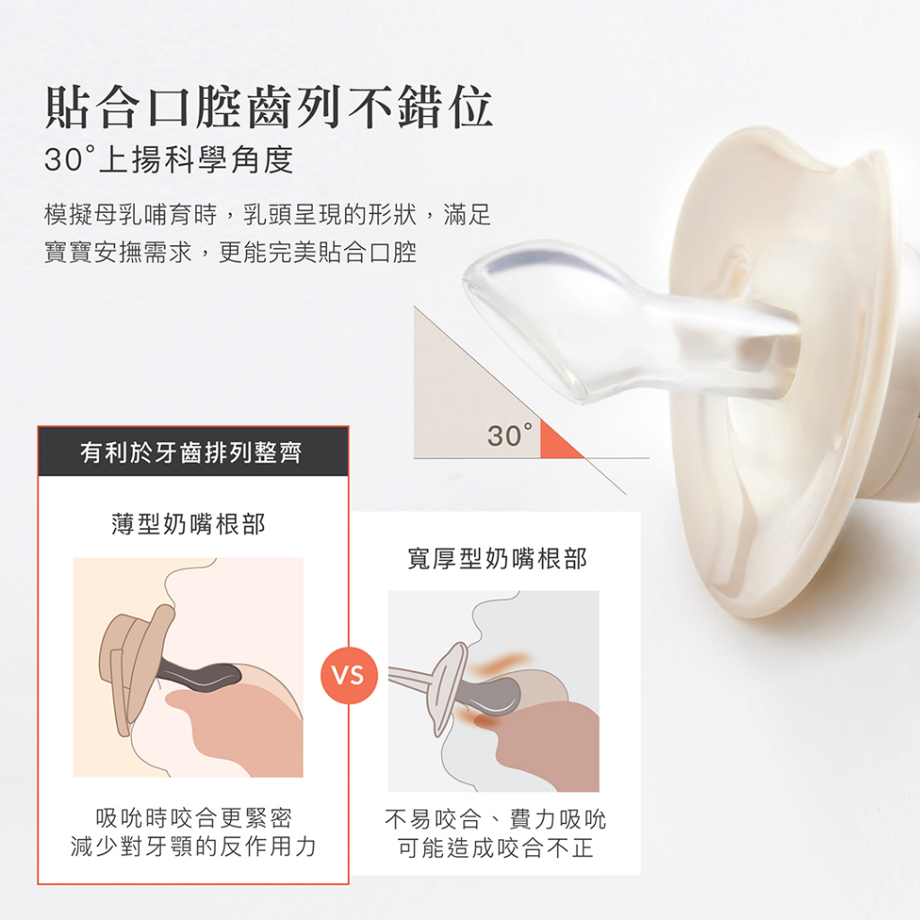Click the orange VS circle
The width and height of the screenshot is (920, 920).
coord(349,676)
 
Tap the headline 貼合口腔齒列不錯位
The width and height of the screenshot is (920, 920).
coord(269,107)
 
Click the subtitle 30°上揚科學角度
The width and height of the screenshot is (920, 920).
coord(169,160)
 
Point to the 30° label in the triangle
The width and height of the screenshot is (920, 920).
coord(510,436)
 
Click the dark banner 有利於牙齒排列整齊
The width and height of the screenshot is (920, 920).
coord(193,451)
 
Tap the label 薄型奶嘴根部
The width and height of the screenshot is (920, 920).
coord(189,524)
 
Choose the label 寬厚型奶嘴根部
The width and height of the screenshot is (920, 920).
coord(497,559)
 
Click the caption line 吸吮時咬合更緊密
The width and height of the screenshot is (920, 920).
coord(194,818)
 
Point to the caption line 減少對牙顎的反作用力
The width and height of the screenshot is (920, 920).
coord(194,846)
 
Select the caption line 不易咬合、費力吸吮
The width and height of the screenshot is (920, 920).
coord(496,819)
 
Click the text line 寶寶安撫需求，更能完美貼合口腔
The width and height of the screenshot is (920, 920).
coord(231,252)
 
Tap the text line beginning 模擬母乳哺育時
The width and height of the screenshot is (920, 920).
coord(268,215)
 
